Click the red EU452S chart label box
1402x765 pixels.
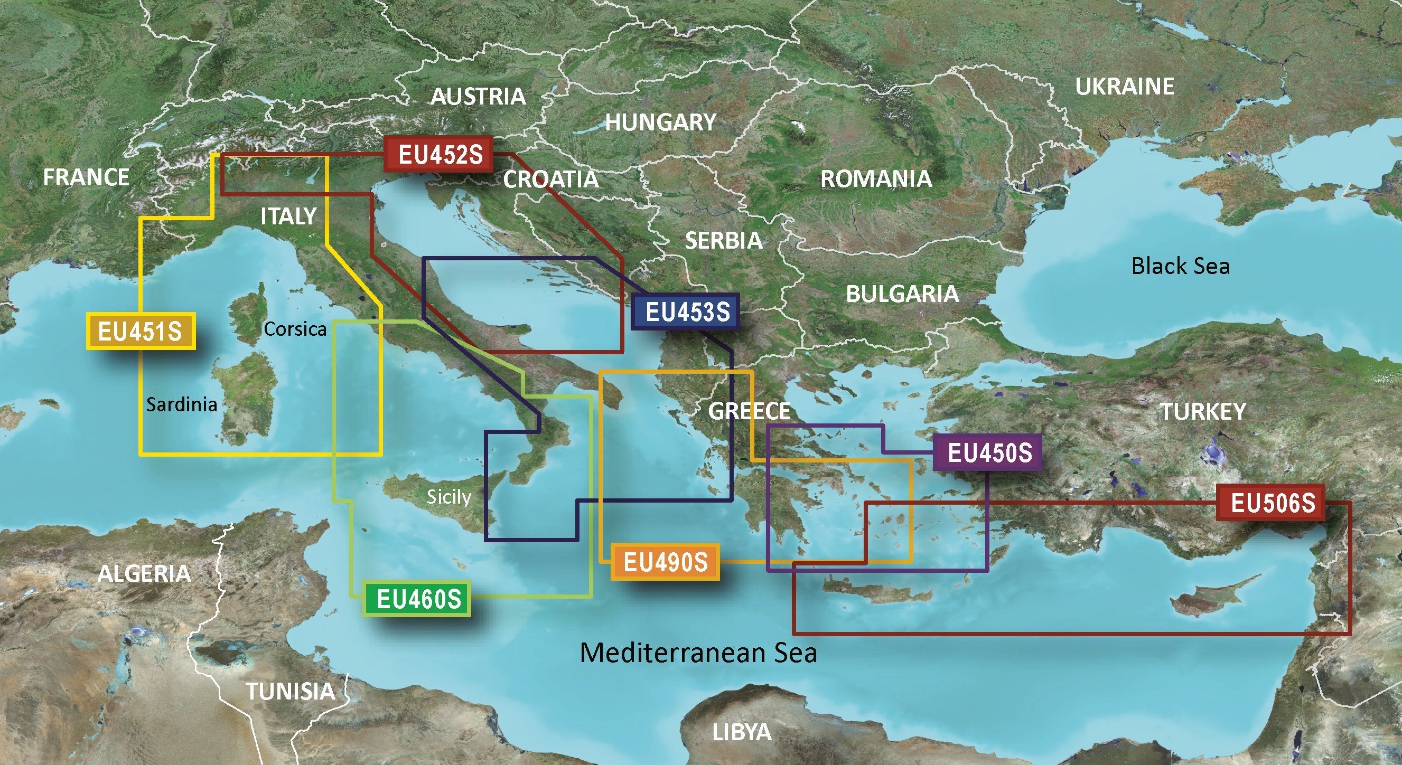[440, 155]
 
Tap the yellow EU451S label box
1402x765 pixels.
[141, 331]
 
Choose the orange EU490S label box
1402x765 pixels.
[665, 562]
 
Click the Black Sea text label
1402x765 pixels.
[1180, 266]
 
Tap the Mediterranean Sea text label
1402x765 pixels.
[698, 653]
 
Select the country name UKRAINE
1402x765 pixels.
[1124, 87]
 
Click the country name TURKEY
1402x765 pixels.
[1203, 411]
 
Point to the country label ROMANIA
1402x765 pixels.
[875, 179]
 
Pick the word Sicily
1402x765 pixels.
[448, 497]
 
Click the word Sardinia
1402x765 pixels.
[182, 404]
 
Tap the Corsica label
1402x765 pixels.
[294, 328]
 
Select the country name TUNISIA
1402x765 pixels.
[291, 691]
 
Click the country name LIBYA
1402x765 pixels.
[741, 732]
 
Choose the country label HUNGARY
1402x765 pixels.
[660, 122]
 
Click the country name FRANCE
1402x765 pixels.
[86, 177]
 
